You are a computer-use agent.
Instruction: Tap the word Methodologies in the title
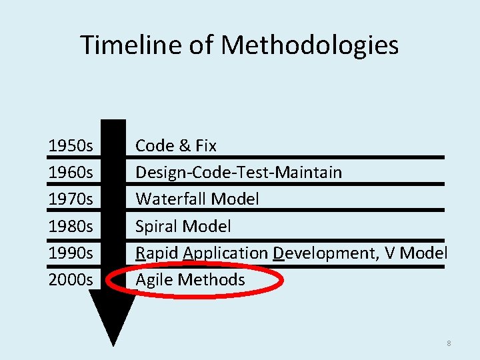pos(310,45)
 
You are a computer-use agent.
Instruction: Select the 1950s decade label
pos(71,145)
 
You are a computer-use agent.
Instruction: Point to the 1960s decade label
pos(71,172)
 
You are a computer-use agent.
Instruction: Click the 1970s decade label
pos(71,199)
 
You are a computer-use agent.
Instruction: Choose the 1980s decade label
pos(71,226)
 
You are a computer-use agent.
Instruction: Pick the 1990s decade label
pos(71,253)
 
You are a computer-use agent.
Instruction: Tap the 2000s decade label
pos(71,279)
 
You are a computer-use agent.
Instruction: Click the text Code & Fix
pos(176,145)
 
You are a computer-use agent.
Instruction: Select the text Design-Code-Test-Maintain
pos(239,172)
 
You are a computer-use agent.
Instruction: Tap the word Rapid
pos(157,253)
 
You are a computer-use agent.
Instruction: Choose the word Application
pos(225,253)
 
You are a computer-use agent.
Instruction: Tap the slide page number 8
pos(449,343)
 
